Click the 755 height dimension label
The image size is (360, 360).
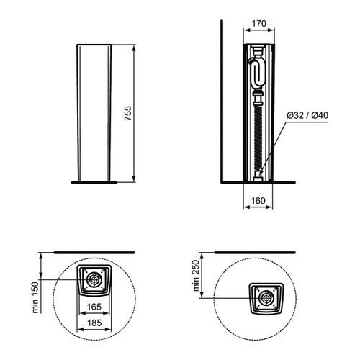tap(128, 113)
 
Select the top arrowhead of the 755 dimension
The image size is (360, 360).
tap(135, 47)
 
